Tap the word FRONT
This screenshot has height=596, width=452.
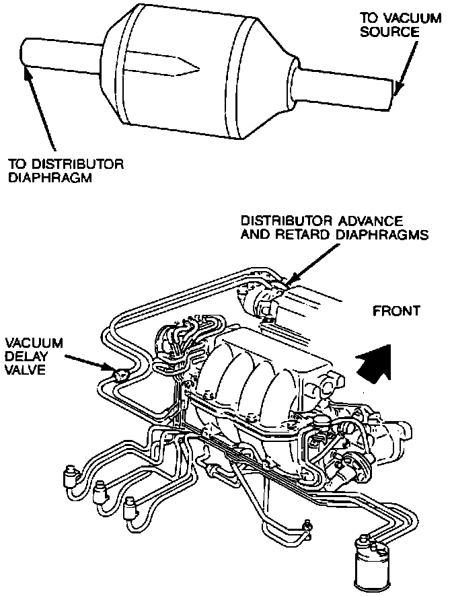pos(397,311)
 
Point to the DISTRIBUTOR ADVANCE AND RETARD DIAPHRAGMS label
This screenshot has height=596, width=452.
pos(335,228)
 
